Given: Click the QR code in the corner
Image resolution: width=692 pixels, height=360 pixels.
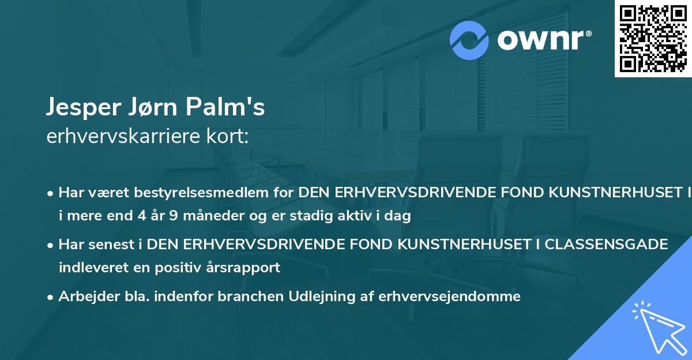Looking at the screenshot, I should pos(652,38).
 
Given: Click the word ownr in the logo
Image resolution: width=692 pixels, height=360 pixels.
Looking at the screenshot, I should pos(543,40).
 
